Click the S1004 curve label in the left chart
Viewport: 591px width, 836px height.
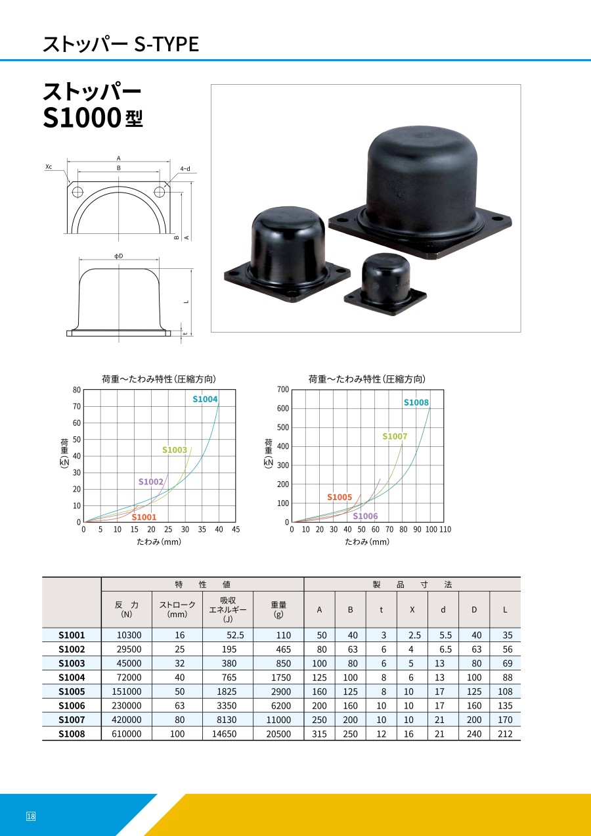tap(205, 399)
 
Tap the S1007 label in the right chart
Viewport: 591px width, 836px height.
tap(395, 436)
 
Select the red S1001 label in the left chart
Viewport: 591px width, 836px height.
tap(144, 517)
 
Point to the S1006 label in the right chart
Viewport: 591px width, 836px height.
tap(365, 516)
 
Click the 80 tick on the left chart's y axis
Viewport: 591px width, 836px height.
tap(76, 390)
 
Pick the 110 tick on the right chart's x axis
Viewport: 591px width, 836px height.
tap(445, 529)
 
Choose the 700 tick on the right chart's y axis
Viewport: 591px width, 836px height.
tap(283, 389)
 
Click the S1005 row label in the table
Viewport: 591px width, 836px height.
tap(72, 691)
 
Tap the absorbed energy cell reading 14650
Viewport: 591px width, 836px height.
tap(224, 733)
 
